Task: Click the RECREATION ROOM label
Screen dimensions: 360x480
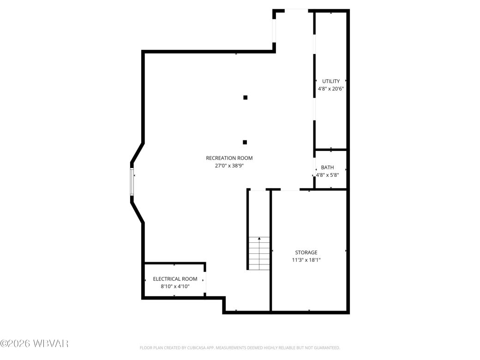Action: tap(229, 158)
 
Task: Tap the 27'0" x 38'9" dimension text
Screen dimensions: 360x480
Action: tap(229, 165)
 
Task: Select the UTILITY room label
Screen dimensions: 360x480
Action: tap(331, 81)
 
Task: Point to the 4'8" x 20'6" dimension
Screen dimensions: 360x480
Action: tap(331, 89)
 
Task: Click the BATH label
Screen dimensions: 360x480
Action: tap(327, 168)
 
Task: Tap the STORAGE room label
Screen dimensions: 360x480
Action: tap(306, 252)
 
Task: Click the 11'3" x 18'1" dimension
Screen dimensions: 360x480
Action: tap(306, 260)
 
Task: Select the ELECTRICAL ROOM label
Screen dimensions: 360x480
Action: tap(175, 279)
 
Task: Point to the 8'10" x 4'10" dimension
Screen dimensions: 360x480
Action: tap(175, 286)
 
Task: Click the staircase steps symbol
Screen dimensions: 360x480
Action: tap(259, 253)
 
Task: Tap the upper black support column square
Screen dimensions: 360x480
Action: tap(246, 97)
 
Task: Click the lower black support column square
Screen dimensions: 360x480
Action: tap(245, 142)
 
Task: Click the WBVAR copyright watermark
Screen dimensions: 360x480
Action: tap(35, 343)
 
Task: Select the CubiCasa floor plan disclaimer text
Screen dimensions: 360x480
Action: tap(240, 348)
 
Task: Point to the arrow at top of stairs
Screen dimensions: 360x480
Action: tap(259, 239)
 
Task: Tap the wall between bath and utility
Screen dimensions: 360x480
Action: tap(330, 150)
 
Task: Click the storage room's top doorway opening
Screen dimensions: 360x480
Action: tap(290, 189)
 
